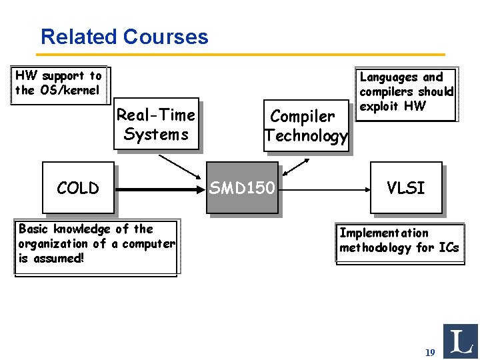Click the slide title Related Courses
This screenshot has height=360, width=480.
pyautogui.click(x=124, y=37)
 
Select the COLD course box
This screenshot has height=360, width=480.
pyautogui.click(x=78, y=188)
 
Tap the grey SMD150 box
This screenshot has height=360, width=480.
pyautogui.click(x=242, y=188)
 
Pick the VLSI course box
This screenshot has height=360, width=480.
pyautogui.click(x=406, y=188)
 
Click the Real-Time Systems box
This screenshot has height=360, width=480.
pyautogui.click(x=156, y=125)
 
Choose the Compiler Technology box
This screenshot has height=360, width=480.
pyautogui.click(x=305, y=126)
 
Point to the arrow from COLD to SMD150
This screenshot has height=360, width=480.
pyautogui.click(x=160, y=189)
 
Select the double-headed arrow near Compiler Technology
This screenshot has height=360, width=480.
pyautogui.click(x=295, y=167)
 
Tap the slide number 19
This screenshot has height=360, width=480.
pyautogui.click(x=430, y=351)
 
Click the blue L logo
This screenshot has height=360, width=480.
pyautogui.click(x=460, y=341)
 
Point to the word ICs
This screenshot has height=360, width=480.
pyautogui.click(x=448, y=248)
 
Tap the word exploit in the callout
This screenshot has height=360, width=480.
pyautogui.click(x=378, y=106)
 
